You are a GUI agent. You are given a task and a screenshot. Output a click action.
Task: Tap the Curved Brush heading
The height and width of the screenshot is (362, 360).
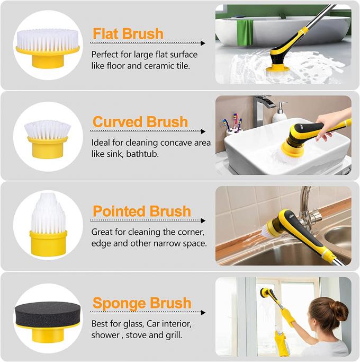[x=140, y=121]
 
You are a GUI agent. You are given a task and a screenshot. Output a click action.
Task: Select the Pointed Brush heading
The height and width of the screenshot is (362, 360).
[x=141, y=211]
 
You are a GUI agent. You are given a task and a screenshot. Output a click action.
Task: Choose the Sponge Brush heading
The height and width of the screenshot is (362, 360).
[x=141, y=303]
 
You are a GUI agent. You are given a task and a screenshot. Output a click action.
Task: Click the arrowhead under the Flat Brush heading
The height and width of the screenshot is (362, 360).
[x=202, y=43]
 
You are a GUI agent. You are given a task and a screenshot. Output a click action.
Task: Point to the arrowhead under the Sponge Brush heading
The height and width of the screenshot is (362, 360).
[x=202, y=313]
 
